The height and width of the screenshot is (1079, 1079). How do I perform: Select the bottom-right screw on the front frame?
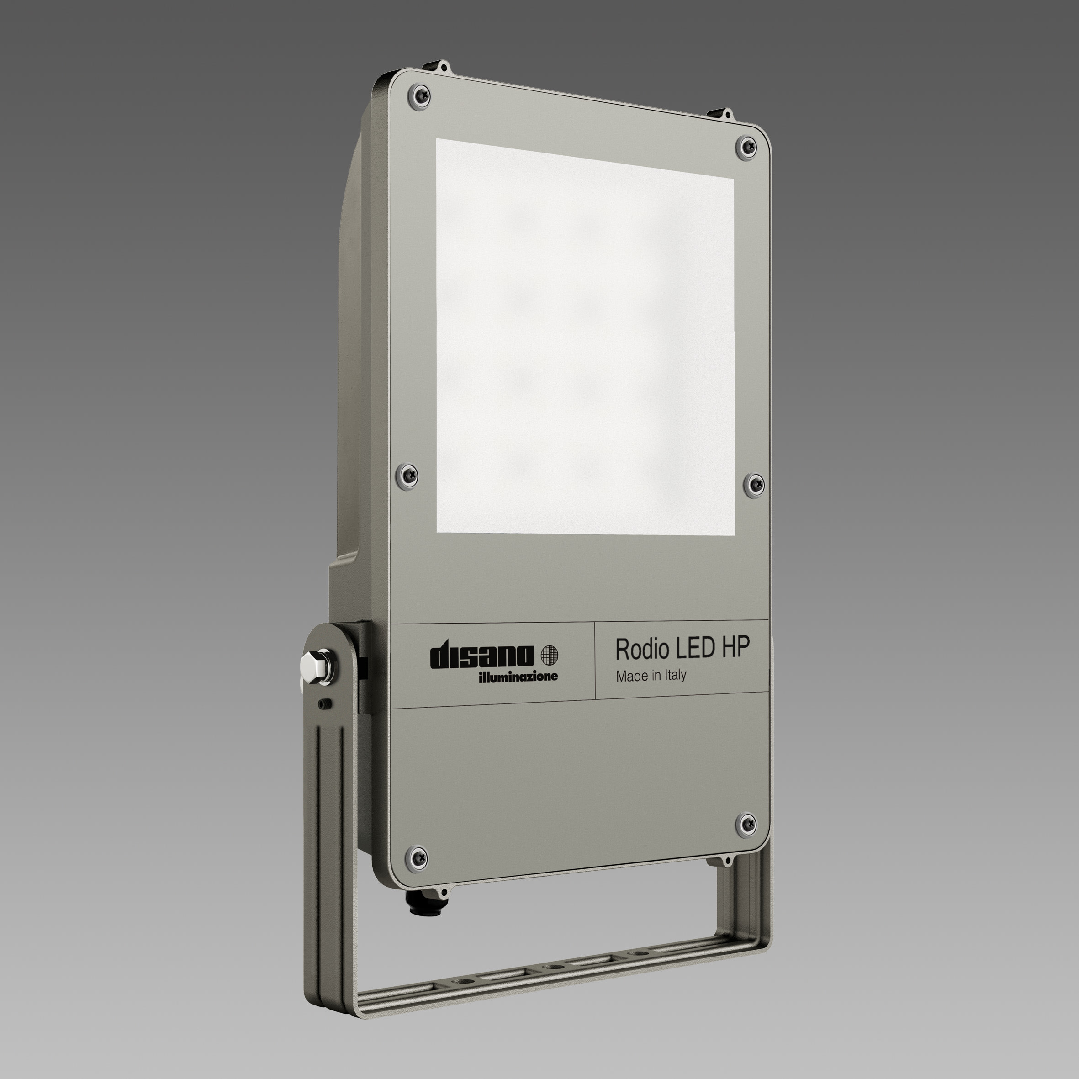[747, 825]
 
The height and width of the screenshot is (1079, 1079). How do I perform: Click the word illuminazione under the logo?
[518, 677]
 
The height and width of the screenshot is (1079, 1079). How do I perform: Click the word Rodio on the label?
[642, 649]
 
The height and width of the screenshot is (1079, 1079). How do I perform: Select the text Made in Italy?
[651, 676]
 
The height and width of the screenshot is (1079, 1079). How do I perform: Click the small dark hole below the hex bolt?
[322, 704]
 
